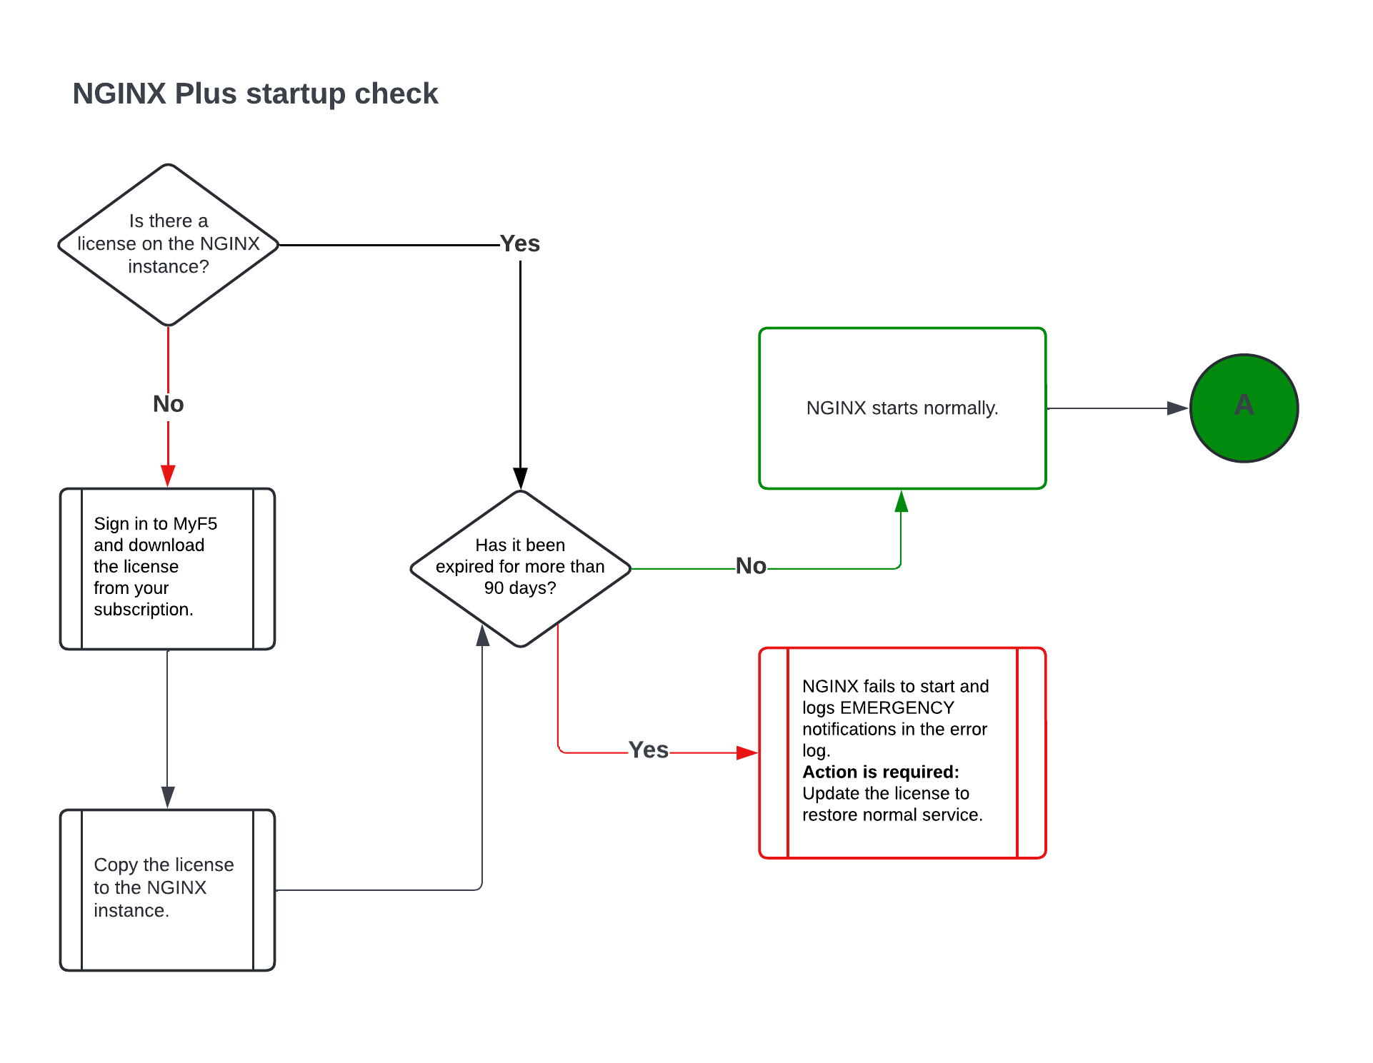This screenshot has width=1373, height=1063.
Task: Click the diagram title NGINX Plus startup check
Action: [255, 94]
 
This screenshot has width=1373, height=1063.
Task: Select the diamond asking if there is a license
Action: [169, 244]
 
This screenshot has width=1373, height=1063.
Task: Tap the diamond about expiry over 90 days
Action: [520, 568]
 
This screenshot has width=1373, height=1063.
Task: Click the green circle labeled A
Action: [1244, 408]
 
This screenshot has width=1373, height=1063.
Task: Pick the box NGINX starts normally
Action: [902, 408]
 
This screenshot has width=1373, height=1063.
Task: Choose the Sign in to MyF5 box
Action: [167, 568]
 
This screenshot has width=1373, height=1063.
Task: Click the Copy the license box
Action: [167, 890]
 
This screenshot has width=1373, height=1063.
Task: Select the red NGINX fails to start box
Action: [902, 752]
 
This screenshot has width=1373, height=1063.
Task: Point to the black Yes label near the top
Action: [519, 243]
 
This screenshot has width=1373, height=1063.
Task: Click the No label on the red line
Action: [168, 404]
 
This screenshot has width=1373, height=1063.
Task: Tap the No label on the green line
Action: [751, 566]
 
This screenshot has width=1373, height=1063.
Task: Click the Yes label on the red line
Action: [648, 750]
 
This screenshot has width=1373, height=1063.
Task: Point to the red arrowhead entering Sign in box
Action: [168, 475]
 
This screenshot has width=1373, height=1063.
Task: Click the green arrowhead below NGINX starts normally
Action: [901, 501]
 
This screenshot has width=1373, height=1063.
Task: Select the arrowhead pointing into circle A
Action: [1177, 408]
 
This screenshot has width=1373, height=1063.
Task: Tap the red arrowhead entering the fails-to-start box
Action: [747, 752]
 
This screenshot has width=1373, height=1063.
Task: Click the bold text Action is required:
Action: [880, 772]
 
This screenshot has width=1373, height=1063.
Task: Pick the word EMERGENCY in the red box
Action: [897, 708]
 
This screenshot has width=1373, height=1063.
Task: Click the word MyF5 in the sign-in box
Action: [194, 524]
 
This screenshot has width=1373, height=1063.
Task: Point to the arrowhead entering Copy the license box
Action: [168, 797]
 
